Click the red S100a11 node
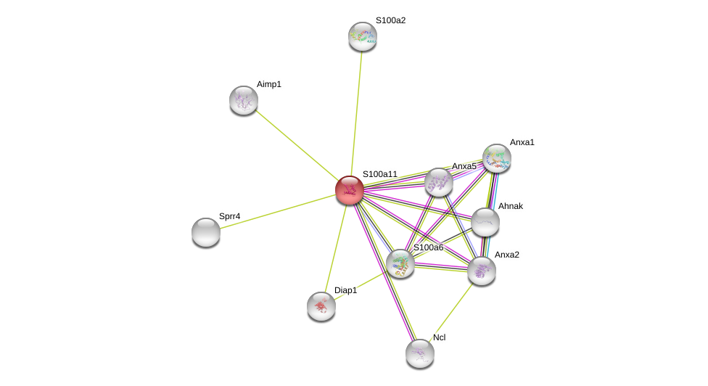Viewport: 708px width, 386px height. [x=350, y=190]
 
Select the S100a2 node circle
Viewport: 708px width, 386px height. [x=363, y=36]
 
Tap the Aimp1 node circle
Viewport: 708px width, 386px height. [x=244, y=100]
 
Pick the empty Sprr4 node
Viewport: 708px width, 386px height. [x=206, y=232]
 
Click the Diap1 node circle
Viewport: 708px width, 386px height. [x=321, y=306]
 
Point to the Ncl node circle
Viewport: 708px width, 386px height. [x=420, y=353]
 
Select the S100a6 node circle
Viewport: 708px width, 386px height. [x=400, y=263]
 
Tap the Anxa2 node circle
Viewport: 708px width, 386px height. [x=482, y=271]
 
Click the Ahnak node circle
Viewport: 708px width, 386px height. [x=485, y=222]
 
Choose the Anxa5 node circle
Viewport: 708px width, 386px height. [x=439, y=182]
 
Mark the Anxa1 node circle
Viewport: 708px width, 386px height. [x=497, y=158]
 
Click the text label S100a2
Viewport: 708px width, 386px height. [x=390, y=20]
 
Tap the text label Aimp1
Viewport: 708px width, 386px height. [x=268, y=84]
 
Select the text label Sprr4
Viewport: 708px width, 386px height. [x=229, y=216]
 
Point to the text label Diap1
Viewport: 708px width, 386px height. [x=345, y=290]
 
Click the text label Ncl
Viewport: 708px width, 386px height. [x=440, y=337]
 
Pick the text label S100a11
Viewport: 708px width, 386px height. [x=380, y=174]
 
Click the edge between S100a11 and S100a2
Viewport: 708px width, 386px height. [x=356, y=112]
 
